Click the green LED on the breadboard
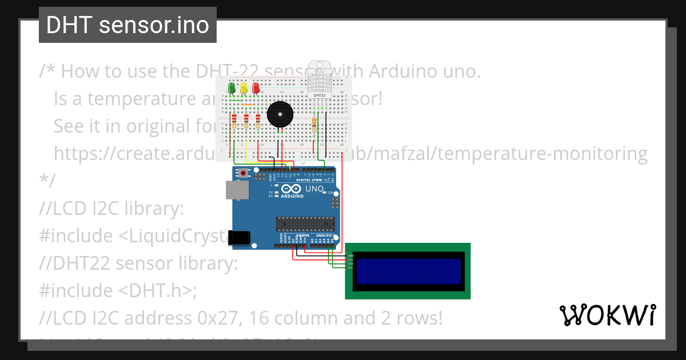pos(232,88)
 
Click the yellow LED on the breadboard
pos(244,88)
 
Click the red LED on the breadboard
pos(256,88)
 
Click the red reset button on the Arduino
pos(244,173)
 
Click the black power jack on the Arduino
pos(238,238)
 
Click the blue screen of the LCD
pos(408,271)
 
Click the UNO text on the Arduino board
pos(315,189)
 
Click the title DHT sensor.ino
pos(127,25)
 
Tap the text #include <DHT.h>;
pos(118,290)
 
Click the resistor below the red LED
pos(258,121)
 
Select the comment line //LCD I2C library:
pos(111,209)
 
